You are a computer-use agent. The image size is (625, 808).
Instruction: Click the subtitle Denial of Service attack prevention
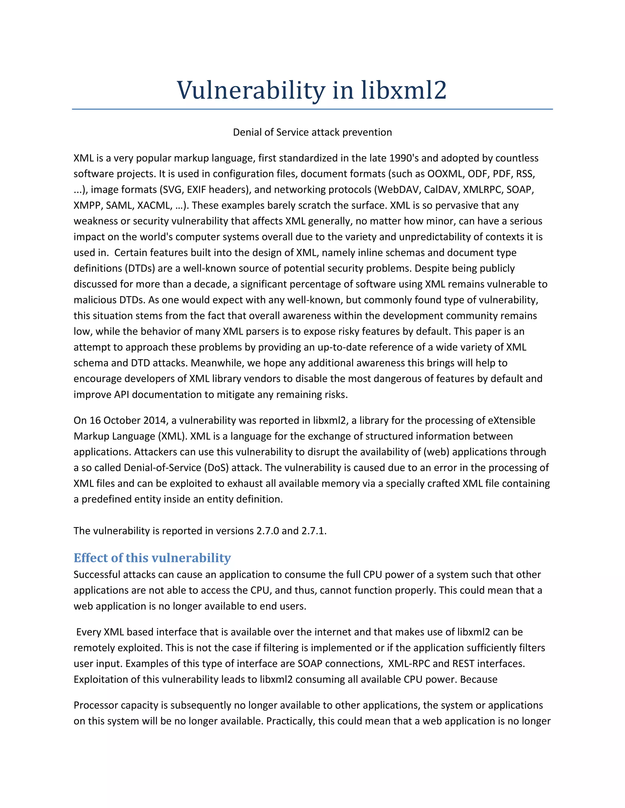[x=312, y=132]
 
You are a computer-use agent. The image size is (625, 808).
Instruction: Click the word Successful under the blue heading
[x=97, y=574]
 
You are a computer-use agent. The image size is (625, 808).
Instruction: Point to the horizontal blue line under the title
[x=312, y=109]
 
